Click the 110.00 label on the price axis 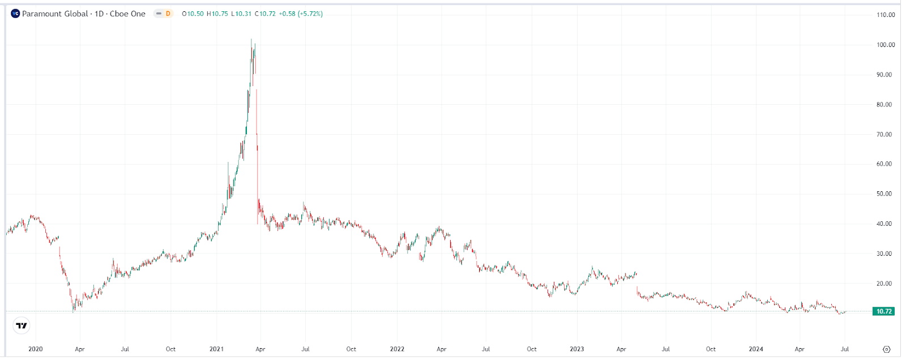[x=886, y=15]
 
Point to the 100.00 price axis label [x=886, y=45]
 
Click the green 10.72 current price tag [x=884, y=311]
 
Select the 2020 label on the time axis [x=35, y=349]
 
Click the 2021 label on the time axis [x=216, y=349]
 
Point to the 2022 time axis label [x=397, y=349]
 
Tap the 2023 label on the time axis [x=576, y=349]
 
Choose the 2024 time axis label [x=756, y=349]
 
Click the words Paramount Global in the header [x=55, y=14]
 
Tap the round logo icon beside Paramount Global [x=15, y=14]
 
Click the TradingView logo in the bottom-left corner [x=22, y=325]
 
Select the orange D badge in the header [x=168, y=14]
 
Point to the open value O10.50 [x=193, y=14]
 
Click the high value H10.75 [x=217, y=14]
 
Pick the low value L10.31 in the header [x=242, y=14]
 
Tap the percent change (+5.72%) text [x=310, y=14]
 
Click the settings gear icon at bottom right [x=887, y=349]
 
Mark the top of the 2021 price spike [x=251, y=40]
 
